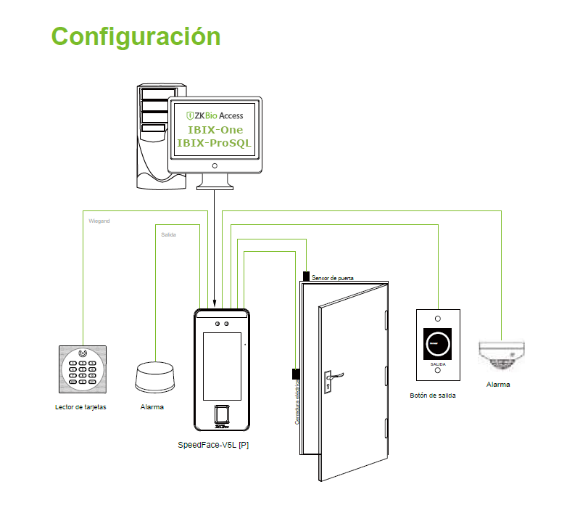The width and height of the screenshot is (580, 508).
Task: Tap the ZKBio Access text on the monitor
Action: click(215, 115)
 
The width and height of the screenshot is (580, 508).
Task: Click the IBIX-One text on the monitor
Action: click(215, 129)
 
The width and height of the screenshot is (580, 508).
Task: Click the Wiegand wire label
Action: click(99, 220)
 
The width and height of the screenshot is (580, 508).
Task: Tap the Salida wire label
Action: click(168, 235)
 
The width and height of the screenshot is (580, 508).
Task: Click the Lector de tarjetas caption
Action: click(80, 407)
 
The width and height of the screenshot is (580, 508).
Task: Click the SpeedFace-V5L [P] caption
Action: click(214, 444)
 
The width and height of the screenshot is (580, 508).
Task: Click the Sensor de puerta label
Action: click(332, 277)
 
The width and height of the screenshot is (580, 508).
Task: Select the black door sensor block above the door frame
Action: click(306, 276)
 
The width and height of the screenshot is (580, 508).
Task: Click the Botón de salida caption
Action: click(433, 396)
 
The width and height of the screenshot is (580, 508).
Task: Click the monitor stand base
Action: click(215, 186)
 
